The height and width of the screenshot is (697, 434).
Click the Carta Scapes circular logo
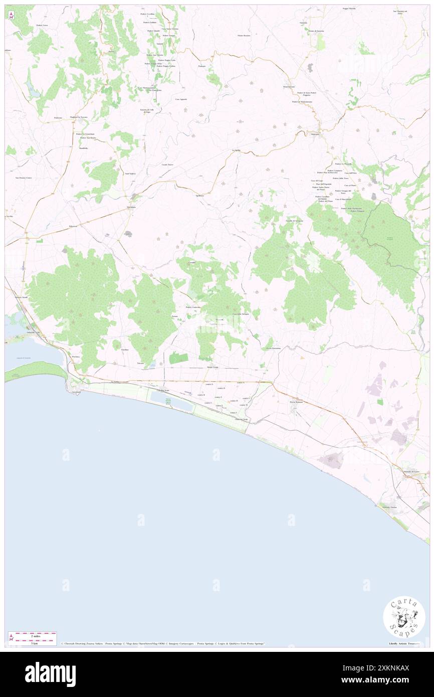pyautogui.click(x=404, y=616)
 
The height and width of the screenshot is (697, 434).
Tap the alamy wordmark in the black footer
pyautogui.click(x=50, y=674)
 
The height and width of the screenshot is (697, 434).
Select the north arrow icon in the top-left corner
pyautogui.click(x=11, y=15)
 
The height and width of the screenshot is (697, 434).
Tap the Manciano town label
pyautogui.click(x=315, y=134)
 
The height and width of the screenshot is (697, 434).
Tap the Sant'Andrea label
pyautogui.click(x=131, y=173)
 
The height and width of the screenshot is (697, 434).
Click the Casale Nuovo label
pyautogui.click(x=167, y=164)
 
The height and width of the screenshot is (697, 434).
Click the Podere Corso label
pyautogui.click(x=42, y=25)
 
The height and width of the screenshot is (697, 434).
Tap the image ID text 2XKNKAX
pyautogui.click(x=388, y=667)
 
